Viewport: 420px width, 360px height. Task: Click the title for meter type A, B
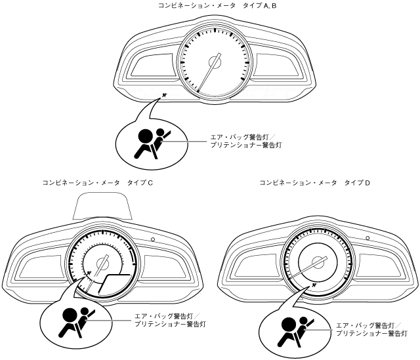[x=209, y=5]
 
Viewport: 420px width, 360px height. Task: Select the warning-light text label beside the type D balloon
[x=368, y=329]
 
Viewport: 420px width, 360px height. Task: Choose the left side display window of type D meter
[x=252, y=266]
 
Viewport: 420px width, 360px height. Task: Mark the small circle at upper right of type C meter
[x=152, y=240]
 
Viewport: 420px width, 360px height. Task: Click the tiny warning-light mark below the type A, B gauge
[x=164, y=97]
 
